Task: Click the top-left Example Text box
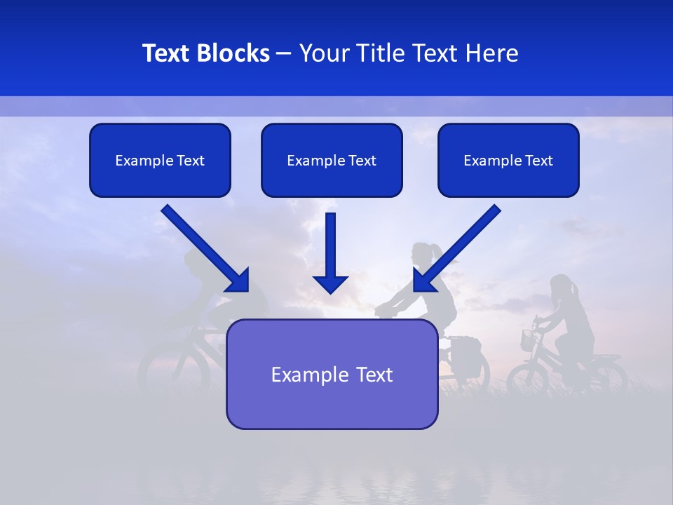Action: click(160, 161)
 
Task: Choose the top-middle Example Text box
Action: click(332, 161)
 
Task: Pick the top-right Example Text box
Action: click(508, 161)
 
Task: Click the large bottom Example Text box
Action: click(332, 375)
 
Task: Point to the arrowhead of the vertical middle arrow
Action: click(331, 283)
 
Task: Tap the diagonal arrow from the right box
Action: click(458, 247)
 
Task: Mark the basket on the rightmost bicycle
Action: click(528, 340)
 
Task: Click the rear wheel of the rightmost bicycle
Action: click(607, 377)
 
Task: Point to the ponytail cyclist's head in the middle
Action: click(423, 254)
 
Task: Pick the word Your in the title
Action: click(324, 53)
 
